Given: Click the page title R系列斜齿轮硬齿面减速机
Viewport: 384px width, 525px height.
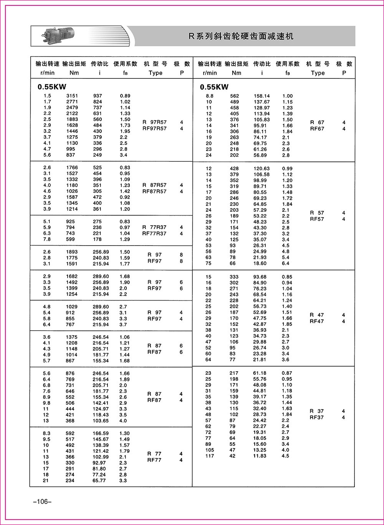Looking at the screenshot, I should (241, 37).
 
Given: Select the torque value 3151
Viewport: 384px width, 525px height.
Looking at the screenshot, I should (72, 96).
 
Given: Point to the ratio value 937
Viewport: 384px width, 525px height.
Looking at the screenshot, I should (98, 96).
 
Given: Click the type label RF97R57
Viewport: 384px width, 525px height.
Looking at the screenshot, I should (155, 128).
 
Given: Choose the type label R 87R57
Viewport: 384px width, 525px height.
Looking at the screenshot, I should (155, 185).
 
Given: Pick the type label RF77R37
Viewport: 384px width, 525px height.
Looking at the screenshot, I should (155, 233).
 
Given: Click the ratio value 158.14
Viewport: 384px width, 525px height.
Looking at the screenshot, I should (262, 96).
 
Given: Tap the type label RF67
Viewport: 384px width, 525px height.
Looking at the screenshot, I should (317, 129).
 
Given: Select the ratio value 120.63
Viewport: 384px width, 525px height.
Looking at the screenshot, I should (262, 168).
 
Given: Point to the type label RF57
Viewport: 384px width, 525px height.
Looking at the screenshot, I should (317, 219).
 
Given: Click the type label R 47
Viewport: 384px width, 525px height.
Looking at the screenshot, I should (317, 315).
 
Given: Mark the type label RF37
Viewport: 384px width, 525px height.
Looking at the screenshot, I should (317, 417).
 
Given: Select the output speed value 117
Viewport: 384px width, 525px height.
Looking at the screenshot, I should (210, 456).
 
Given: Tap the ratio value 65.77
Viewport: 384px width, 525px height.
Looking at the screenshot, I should (99, 480).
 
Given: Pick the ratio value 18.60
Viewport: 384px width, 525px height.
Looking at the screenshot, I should (260, 263).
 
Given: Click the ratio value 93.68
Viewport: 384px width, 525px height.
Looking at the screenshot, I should (260, 277).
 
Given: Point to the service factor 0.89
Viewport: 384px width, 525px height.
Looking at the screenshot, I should (125, 96).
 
